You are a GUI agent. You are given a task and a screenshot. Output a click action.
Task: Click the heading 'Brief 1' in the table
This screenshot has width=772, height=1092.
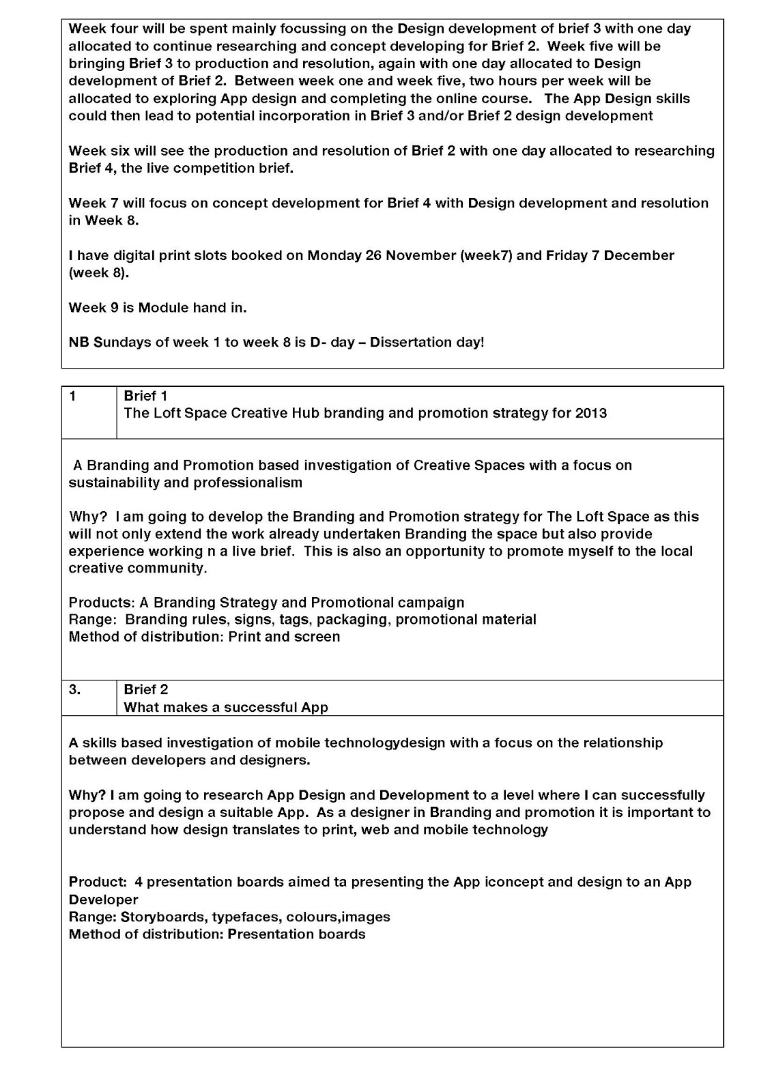pyautogui.click(x=145, y=396)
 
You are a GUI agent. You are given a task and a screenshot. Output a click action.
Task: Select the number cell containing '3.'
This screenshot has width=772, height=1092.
pyautogui.click(x=75, y=689)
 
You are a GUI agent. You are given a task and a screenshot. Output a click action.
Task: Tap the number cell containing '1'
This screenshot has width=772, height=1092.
pyautogui.click(x=73, y=396)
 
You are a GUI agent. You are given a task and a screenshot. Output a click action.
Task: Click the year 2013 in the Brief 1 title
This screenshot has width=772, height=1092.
pyautogui.click(x=590, y=413)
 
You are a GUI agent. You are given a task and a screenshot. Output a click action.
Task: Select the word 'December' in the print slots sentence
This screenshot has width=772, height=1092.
pyautogui.click(x=639, y=255)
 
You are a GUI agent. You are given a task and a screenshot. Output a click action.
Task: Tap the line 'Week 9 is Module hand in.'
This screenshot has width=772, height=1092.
pyautogui.click(x=158, y=307)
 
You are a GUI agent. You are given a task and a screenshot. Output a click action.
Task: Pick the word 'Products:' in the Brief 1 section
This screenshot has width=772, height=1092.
pyautogui.click(x=101, y=603)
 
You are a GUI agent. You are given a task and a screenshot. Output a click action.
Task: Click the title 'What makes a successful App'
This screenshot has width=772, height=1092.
pyautogui.click(x=226, y=707)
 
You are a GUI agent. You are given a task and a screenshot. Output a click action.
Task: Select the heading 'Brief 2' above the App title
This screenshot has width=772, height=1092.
pyautogui.click(x=145, y=689)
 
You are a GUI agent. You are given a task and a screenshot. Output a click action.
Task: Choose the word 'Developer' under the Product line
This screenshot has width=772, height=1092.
pyautogui.click(x=103, y=900)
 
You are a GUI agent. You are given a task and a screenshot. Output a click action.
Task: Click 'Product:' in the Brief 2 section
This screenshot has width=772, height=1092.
pyautogui.click(x=98, y=882)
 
